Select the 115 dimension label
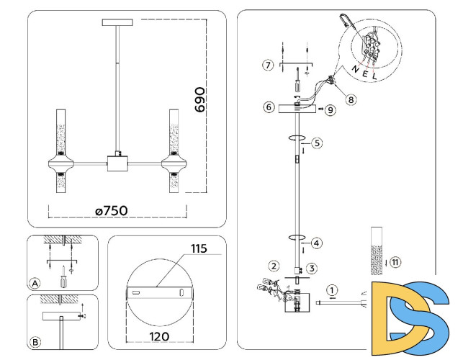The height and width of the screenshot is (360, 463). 199,249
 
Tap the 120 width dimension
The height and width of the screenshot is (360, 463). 160,336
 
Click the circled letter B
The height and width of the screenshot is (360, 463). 35,342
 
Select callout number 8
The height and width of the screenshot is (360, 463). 351,100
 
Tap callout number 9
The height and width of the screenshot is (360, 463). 330,110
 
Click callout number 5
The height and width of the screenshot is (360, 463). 317,143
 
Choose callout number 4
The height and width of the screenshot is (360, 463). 317,243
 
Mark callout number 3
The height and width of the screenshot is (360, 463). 311,268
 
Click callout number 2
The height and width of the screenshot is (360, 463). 274,266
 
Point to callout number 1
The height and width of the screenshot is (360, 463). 331,290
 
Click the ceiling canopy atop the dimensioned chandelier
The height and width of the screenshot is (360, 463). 119,24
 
